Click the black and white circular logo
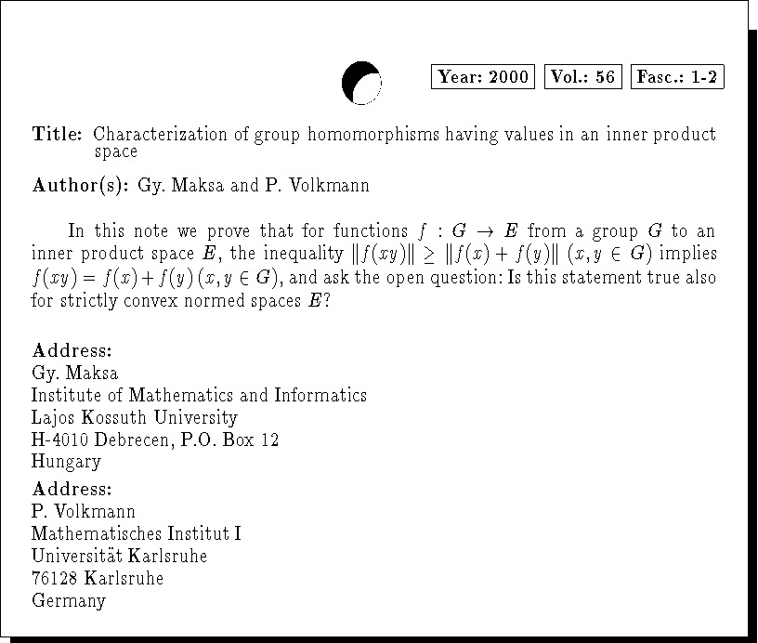pos(361,83)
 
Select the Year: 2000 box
pos(483,77)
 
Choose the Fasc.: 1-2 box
pos(677,77)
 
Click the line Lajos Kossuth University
pos(134,417)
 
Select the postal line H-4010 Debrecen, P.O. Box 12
pos(155,440)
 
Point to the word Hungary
pos(66,462)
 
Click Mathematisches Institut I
pos(137,534)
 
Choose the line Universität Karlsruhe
pos(119,557)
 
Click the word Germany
pos(69,601)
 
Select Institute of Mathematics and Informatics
pos(199,395)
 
